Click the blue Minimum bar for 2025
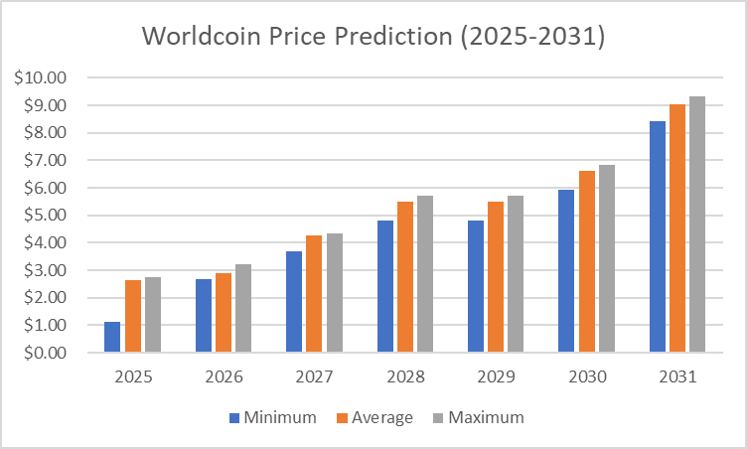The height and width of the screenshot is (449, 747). (x=112, y=337)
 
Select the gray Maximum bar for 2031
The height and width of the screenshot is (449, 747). (x=697, y=224)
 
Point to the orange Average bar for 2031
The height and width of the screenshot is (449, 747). (x=677, y=227)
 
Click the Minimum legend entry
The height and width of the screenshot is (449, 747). (x=273, y=417)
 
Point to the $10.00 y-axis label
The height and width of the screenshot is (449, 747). (x=40, y=77)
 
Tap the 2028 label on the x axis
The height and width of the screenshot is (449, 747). (x=404, y=378)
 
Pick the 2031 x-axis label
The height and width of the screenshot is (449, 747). (x=677, y=378)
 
